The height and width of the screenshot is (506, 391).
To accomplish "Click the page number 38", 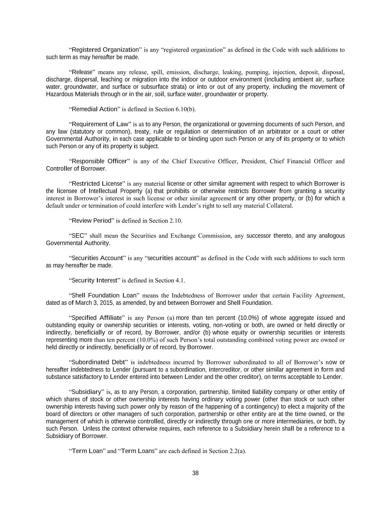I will (196, 473).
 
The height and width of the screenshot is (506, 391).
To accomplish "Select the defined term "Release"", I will (82, 72).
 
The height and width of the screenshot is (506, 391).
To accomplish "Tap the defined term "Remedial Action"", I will (94, 109).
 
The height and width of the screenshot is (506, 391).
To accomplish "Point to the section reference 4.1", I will (179, 280).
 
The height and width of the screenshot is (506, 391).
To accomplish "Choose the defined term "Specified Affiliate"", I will (96, 318).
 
